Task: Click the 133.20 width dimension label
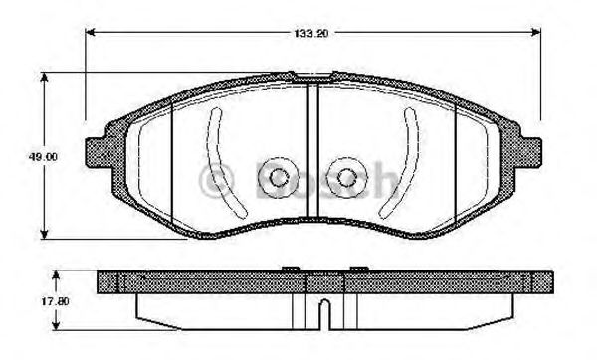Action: pyautogui.click(x=309, y=33)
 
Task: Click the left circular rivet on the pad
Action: pyautogui.click(x=277, y=178)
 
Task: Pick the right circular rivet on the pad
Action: pyautogui.click(x=345, y=178)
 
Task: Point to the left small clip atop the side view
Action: pyautogui.click(x=291, y=267)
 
